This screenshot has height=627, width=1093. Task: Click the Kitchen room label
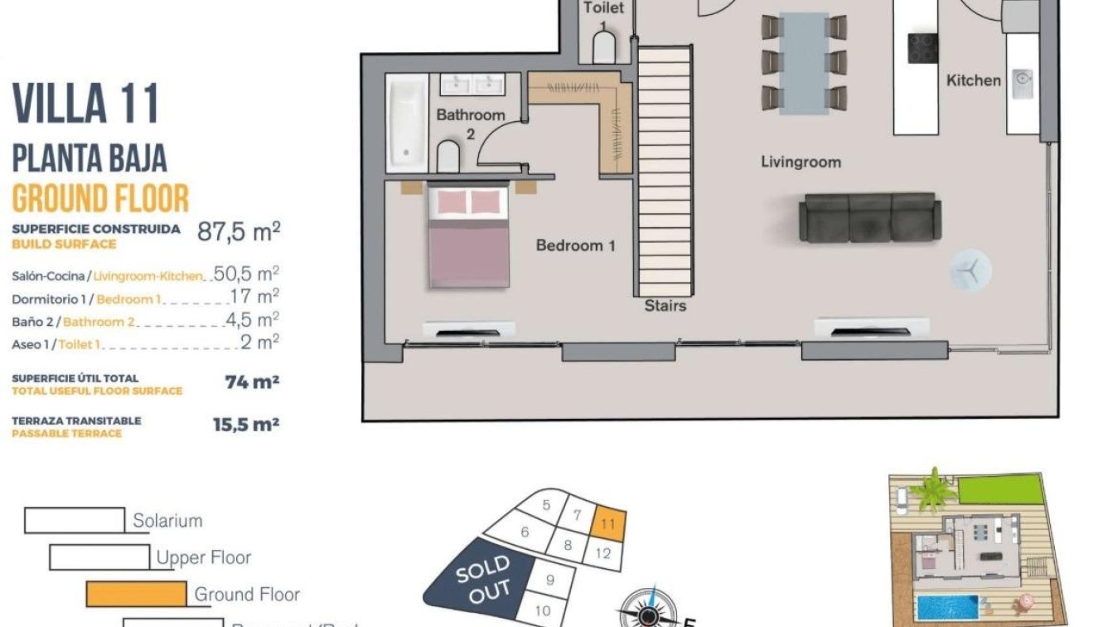[974, 80]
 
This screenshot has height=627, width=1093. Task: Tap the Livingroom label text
[800, 162]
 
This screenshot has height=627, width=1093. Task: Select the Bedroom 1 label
[575, 245]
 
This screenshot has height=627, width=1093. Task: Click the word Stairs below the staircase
[665, 306]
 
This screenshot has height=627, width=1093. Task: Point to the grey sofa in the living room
[869, 217]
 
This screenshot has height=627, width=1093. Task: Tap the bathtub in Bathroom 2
[408, 122]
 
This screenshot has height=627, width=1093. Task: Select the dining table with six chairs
[804, 62]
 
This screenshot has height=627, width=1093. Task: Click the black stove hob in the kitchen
[922, 48]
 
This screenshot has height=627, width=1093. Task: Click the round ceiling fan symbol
[970, 270]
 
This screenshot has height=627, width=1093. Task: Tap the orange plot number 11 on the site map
[608, 524]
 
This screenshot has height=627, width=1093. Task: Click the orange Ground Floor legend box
[136, 594]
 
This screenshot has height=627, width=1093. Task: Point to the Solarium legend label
[167, 521]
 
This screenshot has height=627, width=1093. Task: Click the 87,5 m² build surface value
[238, 231]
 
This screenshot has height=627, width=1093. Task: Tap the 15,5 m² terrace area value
[245, 425]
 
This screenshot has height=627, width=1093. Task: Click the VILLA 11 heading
[85, 104]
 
